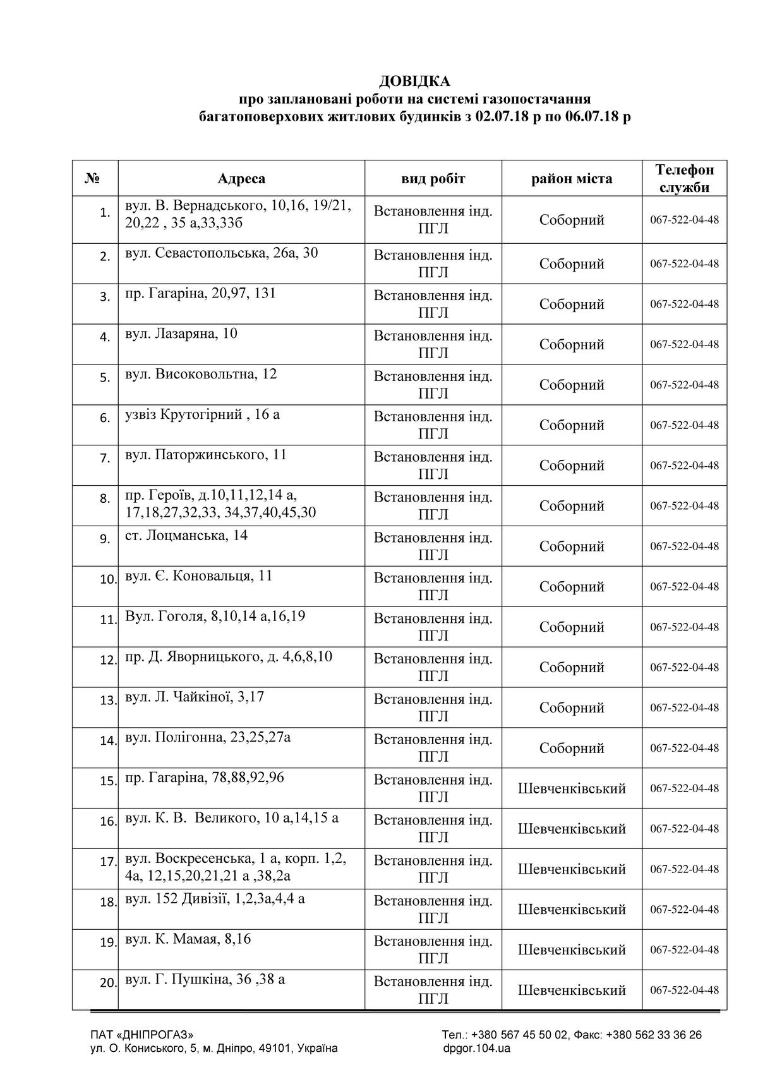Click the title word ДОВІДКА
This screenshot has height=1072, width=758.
click(x=414, y=81)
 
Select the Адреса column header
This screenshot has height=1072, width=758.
click(x=241, y=179)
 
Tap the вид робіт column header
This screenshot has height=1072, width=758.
click(x=433, y=179)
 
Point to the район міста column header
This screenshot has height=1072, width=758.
click(x=572, y=179)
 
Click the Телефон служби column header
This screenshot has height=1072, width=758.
click(x=685, y=179)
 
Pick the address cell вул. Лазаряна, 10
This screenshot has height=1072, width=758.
click(x=181, y=334)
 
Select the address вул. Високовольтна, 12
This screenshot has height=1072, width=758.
click(x=201, y=374)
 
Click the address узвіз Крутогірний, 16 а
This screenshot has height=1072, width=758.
click(x=202, y=414)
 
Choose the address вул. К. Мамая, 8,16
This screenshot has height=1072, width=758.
click(x=188, y=939)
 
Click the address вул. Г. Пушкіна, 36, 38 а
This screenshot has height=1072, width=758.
click(x=205, y=980)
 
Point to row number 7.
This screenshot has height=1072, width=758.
click(x=105, y=458)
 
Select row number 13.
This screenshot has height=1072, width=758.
click(x=109, y=700)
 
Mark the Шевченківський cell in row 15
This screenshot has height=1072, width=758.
click(x=572, y=788)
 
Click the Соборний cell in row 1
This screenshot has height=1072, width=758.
click(x=572, y=220)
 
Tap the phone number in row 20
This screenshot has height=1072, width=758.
click(x=684, y=990)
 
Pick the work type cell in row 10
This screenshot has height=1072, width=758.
click(x=433, y=586)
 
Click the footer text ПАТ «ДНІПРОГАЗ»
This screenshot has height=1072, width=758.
click(x=142, y=1035)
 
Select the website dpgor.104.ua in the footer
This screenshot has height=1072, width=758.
click(x=476, y=1049)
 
